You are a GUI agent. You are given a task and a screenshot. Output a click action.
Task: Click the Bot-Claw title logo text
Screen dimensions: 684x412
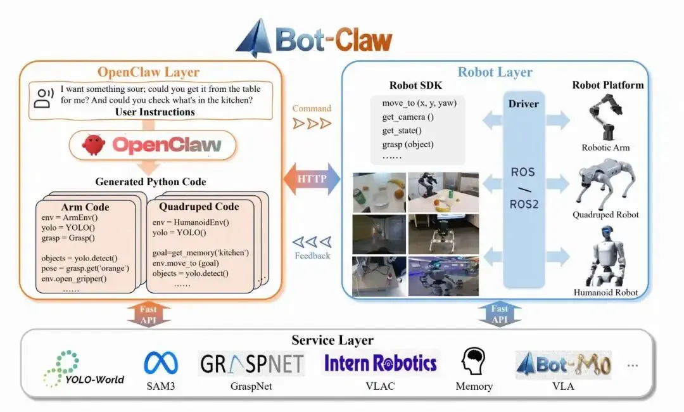(334, 40)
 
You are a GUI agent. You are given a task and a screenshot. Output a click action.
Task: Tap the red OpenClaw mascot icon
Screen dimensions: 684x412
(93, 145)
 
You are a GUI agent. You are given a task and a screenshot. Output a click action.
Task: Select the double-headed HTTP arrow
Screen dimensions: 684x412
(312, 179)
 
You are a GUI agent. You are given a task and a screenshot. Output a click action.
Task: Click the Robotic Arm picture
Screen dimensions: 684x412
(605, 117)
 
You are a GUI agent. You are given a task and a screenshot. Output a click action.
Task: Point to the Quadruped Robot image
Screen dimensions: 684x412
(605, 184)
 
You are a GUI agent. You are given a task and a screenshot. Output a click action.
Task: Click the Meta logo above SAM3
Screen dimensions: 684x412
(161, 363)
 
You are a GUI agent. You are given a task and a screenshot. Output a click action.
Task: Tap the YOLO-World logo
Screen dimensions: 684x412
(84, 369)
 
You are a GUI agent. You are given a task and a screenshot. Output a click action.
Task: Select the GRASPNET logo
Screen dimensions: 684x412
(251, 364)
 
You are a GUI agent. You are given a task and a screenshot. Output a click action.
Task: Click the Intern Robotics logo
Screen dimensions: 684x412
(381, 363)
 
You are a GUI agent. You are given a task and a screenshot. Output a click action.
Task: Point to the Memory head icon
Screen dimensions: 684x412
(473, 361)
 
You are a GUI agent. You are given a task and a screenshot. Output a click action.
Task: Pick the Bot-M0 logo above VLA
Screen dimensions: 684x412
(563, 364)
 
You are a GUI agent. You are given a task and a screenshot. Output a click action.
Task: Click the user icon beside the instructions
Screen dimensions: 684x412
(43, 98)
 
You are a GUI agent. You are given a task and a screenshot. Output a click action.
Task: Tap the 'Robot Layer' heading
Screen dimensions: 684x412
(495, 72)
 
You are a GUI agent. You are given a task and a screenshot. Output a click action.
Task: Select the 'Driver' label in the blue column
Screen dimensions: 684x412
(524, 104)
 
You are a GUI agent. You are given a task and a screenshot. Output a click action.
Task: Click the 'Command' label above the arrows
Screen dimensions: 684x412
(312, 108)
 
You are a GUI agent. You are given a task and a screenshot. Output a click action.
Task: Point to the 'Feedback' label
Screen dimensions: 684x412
(312, 255)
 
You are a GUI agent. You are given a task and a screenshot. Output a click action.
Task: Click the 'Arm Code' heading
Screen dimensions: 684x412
(85, 207)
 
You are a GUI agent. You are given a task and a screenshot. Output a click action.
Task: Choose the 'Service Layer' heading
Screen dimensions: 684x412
(332, 340)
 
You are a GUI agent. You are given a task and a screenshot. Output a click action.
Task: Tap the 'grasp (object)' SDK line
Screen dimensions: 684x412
(408, 144)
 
